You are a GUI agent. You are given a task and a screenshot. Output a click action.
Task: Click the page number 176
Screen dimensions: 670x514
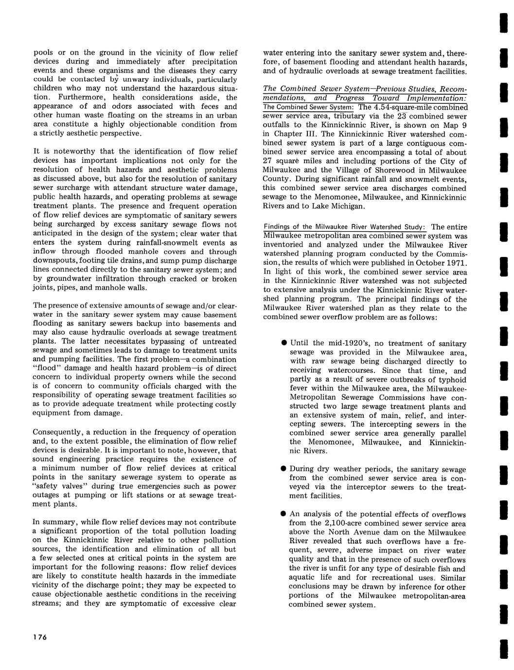(39, 638)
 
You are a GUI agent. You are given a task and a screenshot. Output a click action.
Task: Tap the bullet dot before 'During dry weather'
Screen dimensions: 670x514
(283, 469)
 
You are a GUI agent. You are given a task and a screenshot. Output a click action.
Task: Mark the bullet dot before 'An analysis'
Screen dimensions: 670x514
(283, 514)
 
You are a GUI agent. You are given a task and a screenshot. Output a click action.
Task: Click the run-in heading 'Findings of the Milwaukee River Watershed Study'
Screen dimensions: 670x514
(344, 227)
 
